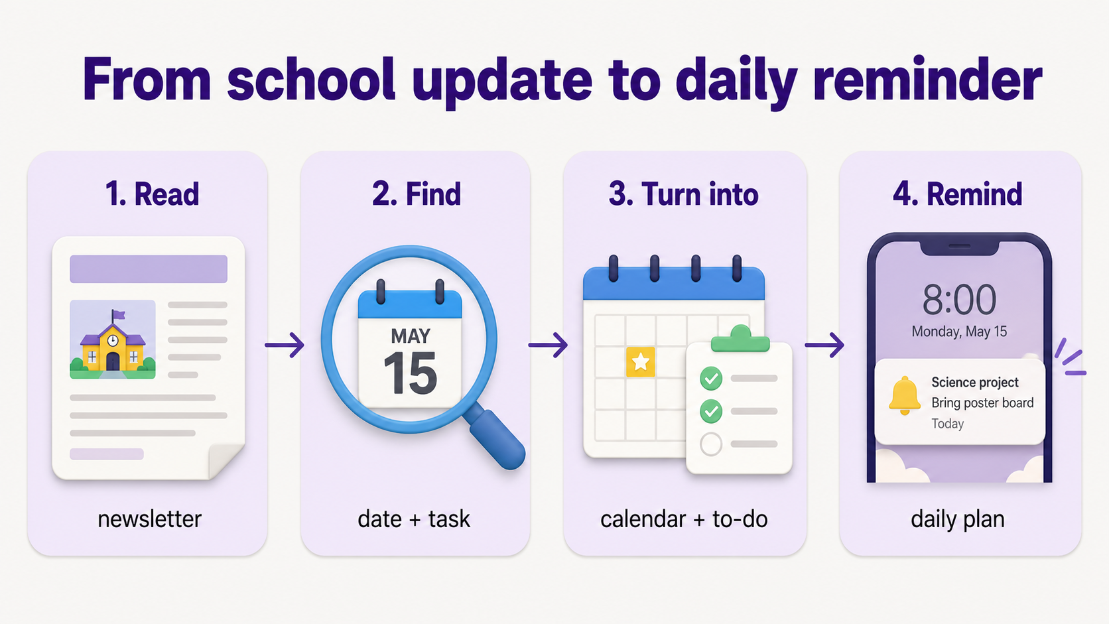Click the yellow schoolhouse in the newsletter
pos(113,346)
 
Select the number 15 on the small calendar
pos(410,373)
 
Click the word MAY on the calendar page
pos(411,336)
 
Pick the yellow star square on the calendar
pos(641,361)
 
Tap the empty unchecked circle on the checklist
pos(711,444)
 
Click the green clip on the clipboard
pos(740,339)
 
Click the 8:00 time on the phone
pos(959,300)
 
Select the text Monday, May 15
pos(959,332)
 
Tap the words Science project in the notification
pos(975,382)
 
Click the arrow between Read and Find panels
pos(284,345)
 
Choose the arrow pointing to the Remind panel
pos(824,345)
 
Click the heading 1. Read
pos(152,194)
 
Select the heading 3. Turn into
pos(684,194)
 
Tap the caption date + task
pos(414,519)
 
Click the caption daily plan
pos(958,520)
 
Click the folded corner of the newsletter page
pos(226,461)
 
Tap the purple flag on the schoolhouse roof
pos(118,314)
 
